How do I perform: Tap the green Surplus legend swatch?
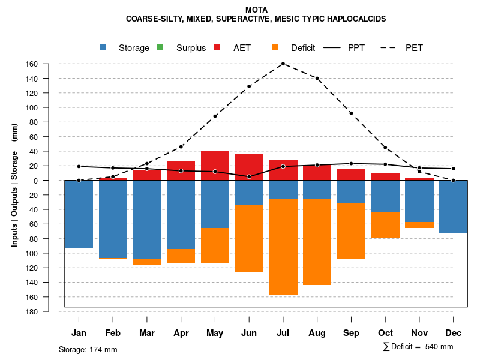coord(160,47)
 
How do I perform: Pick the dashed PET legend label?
coord(414,48)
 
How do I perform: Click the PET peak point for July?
coord(283,64)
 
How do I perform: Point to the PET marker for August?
coord(317,79)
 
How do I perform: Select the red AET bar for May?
coord(215,165)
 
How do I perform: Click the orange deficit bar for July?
coord(283,246)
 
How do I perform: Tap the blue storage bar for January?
coord(79,214)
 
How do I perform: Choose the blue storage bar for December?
coord(453,206)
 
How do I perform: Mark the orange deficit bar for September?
coord(351,231)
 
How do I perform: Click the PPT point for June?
coord(248,176)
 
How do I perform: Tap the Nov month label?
coord(419,333)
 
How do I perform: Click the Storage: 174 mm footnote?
coord(88,349)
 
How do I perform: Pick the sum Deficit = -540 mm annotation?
coord(418,347)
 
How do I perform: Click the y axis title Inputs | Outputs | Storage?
coord(14,189)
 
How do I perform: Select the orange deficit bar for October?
coord(385,224)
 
